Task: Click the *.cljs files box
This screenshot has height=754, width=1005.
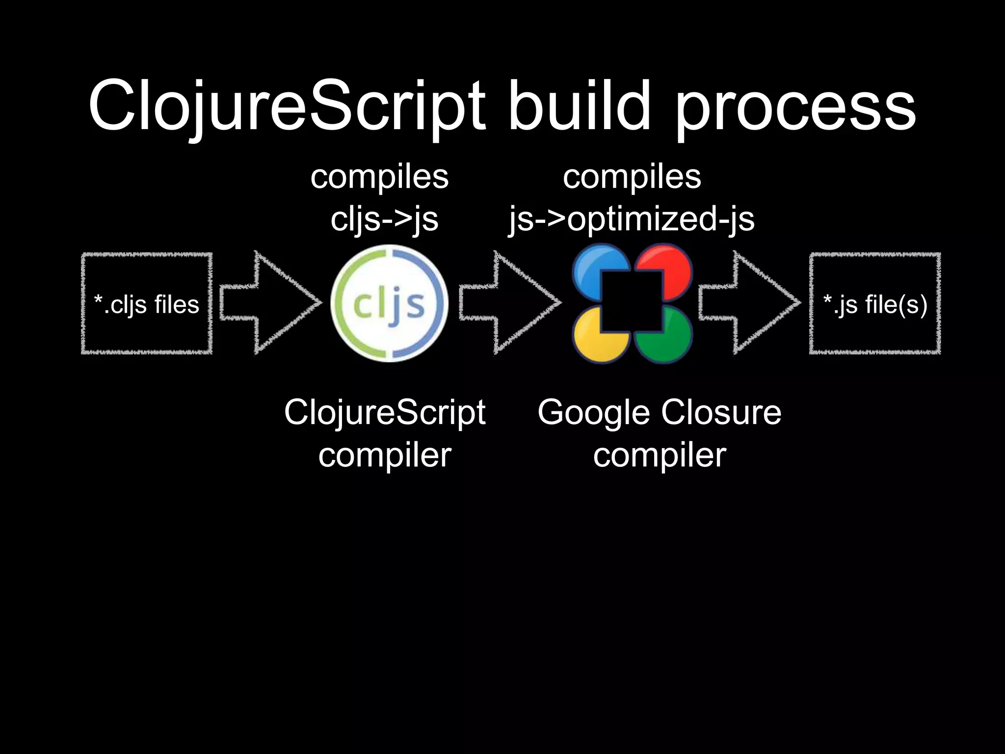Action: pyautogui.click(x=147, y=303)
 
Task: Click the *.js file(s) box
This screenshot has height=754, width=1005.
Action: pyautogui.click(x=875, y=303)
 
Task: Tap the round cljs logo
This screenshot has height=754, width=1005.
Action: pyautogui.click(x=389, y=303)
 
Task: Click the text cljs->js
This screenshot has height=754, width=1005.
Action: pyautogui.click(x=384, y=219)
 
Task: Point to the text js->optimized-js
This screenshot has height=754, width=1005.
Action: pyautogui.click(x=632, y=219)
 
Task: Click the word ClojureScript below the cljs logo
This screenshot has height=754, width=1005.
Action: pyautogui.click(x=385, y=413)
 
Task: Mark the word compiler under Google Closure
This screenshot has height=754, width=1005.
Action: pyautogui.click(x=660, y=456)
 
